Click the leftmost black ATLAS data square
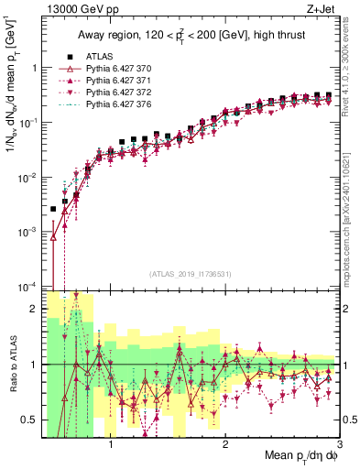pyautogui.click(x=53, y=209)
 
